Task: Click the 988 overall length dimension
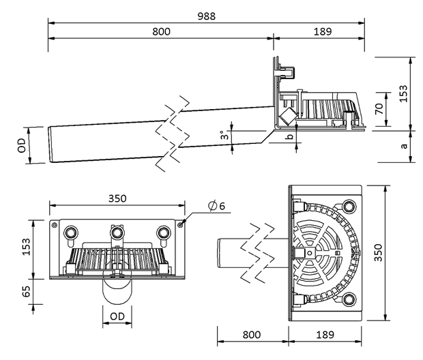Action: click(x=206, y=16)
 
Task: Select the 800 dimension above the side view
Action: click(x=161, y=32)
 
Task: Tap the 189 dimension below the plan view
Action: click(x=325, y=335)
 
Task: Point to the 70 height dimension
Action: click(x=379, y=108)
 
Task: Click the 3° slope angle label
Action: click(x=224, y=135)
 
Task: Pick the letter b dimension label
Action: click(x=290, y=136)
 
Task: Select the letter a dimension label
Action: click(x=404, y=146)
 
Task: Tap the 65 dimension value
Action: click(x=26, y=291)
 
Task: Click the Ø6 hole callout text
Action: click(x=216, y=206)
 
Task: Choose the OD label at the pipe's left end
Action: click(x=22, y=145)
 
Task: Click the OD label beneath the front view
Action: click(x=117, y=316)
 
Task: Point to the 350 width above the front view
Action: click(x=117, y=198)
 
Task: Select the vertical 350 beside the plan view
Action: click(x=378, y=252)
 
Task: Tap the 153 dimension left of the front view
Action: click(x=26, y=246)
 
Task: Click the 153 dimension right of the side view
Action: click(x=403, y=93)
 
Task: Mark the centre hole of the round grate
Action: click(x=310, y=253)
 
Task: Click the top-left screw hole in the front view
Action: click(x=54, y=224)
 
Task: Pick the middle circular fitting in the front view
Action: click(x=117, y=232)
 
